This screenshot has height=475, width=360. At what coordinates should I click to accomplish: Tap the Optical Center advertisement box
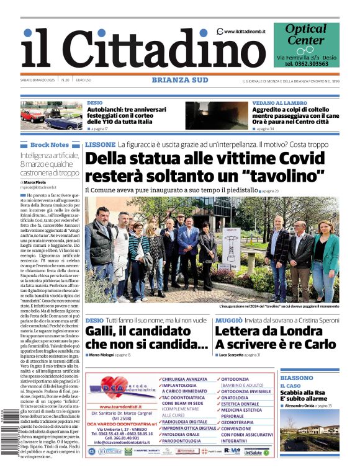[x=306, y=45]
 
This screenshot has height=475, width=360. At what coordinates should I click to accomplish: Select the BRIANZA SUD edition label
[x=179, y=80]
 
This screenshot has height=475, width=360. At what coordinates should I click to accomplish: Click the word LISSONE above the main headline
[x=100, y=144]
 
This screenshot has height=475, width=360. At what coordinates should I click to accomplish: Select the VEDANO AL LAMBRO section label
[x=279, y=103]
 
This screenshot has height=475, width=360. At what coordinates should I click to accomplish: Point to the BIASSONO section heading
[x=297, y=378]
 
